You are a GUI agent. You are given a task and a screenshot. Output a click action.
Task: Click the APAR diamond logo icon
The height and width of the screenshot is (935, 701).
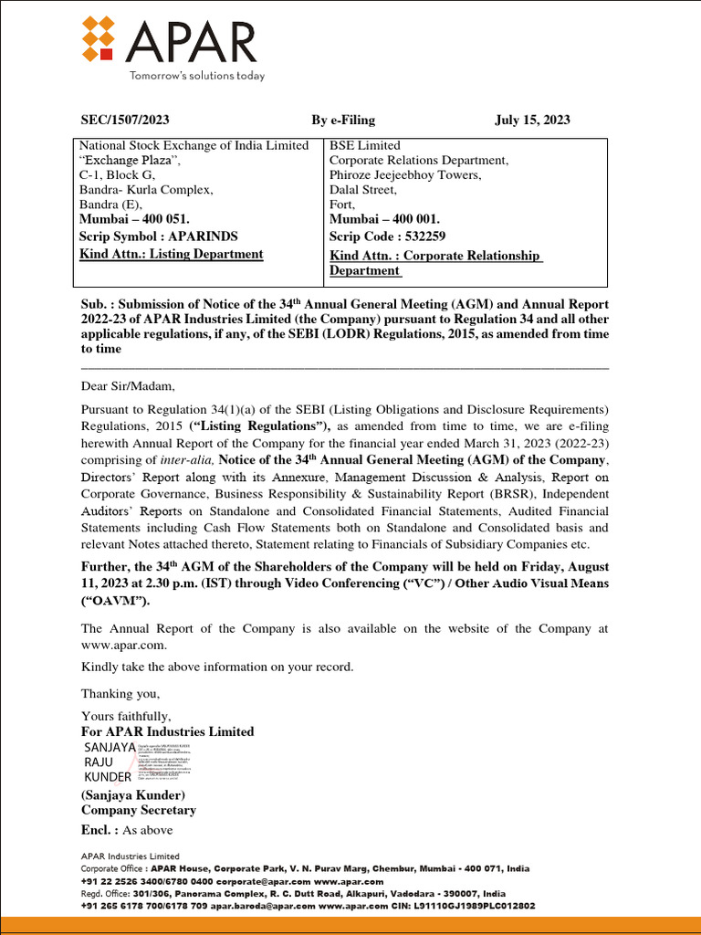(x=102, y=42)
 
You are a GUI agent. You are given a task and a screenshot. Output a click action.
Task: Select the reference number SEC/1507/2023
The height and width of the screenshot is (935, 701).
(x=125, y=120)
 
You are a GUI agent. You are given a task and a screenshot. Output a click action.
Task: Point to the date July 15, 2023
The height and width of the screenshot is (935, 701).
(x=532, y=120)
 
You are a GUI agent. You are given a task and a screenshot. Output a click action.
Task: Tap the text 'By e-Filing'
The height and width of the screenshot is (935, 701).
(x=343, y=120)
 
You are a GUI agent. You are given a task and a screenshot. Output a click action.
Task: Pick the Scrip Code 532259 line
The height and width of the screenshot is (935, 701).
(x=387, y=236)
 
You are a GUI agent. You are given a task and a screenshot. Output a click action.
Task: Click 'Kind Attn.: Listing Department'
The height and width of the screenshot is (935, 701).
(x=172, y=254)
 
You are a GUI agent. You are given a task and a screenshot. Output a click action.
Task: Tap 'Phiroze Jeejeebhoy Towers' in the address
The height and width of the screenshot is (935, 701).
(x=405, y=175)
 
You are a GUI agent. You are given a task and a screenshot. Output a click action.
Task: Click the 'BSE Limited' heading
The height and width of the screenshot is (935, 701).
(x=364, y=145)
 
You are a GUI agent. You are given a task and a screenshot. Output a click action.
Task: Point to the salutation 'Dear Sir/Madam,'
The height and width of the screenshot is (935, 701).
(x=126, y=385)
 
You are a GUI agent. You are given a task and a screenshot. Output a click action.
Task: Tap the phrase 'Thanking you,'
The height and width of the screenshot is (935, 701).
(x=120, y=694)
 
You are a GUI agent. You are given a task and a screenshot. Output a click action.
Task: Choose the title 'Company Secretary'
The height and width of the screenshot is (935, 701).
(x=139, y=810)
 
